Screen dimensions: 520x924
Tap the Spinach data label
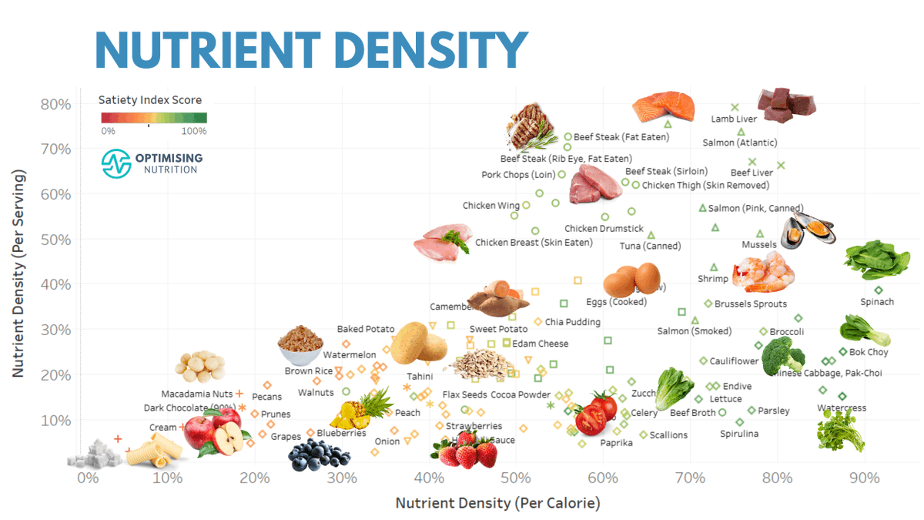[x=877, y=302]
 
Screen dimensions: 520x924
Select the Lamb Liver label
[x=734, y=119]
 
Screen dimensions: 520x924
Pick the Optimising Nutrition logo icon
[x=117, y=163]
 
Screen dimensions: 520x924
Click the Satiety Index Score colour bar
[x=154, y=118]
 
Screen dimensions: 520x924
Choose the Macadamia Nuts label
[x=196, y=394]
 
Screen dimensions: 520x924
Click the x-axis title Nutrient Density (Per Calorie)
[x=497, y=503]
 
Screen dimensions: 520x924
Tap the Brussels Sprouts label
[x=750, y=304]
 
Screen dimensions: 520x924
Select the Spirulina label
[x=739, y=434]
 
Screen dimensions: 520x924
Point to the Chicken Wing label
[x=490, y=206]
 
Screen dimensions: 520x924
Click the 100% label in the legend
[x=193, y=131]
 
